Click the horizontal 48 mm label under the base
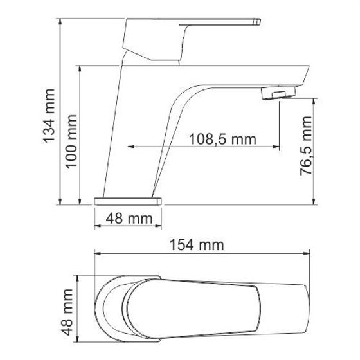click(127, 218)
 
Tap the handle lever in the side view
click(193, 33)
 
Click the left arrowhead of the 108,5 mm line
click(132, 146)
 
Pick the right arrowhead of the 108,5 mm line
click(278, 146)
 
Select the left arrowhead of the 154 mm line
click(98, 253)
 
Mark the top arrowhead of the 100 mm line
click(80, 67)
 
